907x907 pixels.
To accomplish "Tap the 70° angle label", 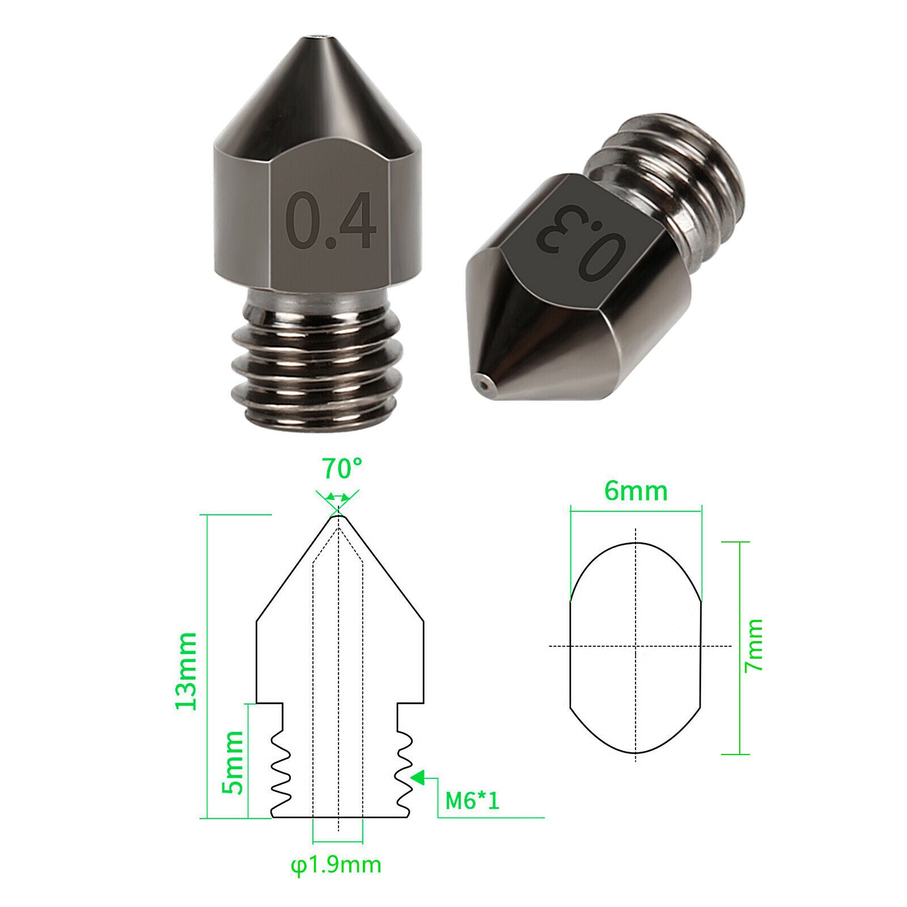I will click(x=342, y=468).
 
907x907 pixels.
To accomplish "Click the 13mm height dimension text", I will click(x=187, y=671).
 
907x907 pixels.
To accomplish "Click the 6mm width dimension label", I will click(x=635, y=490).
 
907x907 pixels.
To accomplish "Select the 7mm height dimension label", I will click(x=754, y=646).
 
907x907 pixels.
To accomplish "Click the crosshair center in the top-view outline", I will click(x=636, y=646).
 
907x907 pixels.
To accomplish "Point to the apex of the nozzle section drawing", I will click(x=338, y=515).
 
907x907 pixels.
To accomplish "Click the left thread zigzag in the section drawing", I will click(x=280, y=771).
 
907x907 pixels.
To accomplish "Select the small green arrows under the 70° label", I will click(x=338, y=496).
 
